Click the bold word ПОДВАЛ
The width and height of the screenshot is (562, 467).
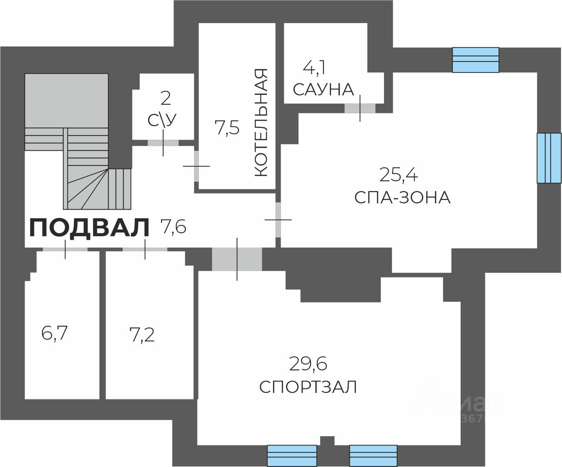[89, 228]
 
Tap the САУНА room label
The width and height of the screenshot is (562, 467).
[323, 89]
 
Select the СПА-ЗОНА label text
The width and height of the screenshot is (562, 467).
[402, 198]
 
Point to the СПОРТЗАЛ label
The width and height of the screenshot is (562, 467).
[308, 387]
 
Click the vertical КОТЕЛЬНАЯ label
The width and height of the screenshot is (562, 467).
[261, 122]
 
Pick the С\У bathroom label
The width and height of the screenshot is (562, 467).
[162, 120]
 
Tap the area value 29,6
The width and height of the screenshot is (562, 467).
[308, 363]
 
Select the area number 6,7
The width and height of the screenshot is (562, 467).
[54, 334]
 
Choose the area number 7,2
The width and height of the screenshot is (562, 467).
[142, 335]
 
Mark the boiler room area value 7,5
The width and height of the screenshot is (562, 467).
[227, 128]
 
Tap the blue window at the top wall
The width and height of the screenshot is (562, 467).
[475, 60]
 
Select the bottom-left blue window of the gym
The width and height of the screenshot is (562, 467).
[291, 455]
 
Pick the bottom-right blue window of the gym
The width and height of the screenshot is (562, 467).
[373, 455]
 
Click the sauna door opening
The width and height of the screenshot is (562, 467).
[360, 108]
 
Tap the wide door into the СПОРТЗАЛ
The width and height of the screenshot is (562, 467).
[237, 259]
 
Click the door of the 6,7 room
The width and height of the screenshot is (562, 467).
[65, 249]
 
